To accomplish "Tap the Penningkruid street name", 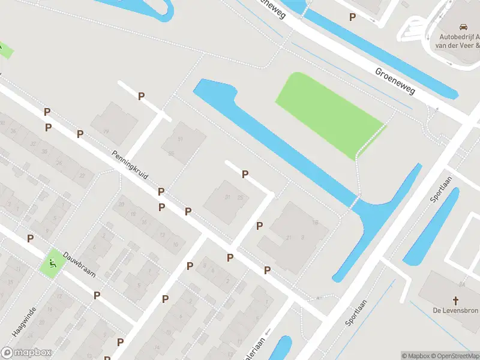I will [130, 165].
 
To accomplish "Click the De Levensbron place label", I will [455, 311].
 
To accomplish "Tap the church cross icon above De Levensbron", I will [455, 300].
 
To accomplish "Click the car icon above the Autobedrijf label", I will [463, 27].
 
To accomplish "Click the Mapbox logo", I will [26, 353].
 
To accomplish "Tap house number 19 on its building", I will [106, 130].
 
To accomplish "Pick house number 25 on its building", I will [240, 197].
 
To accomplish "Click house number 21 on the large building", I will [289, 238].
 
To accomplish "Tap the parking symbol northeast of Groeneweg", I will [352, 17].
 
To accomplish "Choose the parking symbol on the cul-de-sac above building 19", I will [142, 96].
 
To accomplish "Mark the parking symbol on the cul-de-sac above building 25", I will [245, 174].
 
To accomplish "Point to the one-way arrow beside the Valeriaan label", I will [268, 331].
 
